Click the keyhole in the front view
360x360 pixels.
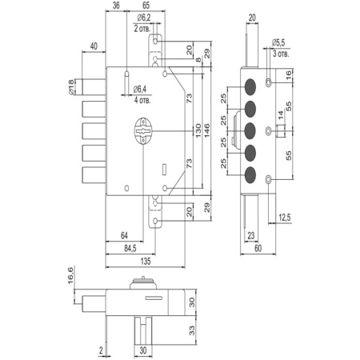143,131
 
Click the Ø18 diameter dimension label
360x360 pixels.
70,87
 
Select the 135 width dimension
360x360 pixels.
146,262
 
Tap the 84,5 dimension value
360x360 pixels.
130,249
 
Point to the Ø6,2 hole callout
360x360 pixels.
144,18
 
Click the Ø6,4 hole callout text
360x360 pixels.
140,90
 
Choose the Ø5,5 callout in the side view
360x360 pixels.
278,42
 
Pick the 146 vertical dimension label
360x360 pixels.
207,130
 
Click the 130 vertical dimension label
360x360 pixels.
198,130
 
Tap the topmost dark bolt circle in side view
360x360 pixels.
250,86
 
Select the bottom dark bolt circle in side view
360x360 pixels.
250,175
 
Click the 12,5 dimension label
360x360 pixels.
285,218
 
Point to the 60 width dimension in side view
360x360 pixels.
258,248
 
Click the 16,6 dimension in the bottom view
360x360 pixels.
70,276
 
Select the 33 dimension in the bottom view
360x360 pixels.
192,330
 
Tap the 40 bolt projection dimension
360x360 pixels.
94,46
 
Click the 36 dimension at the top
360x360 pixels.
116,6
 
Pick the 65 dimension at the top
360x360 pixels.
146,6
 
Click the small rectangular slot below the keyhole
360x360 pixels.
164,170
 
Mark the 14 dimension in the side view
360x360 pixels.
281,115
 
